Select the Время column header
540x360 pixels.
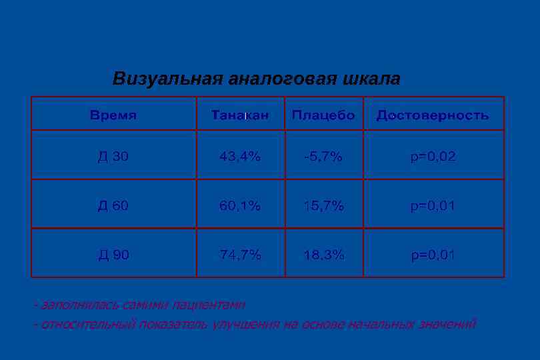(x=113, y=115)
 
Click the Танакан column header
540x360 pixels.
(x=240, y=115)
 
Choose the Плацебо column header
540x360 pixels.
(x=323, y=115)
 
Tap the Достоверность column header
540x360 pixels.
(x=433, y=115)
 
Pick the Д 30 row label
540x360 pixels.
(x=113, y=157)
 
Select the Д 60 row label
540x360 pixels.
(x=113, y=205)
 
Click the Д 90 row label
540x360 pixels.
(x=113, y=254)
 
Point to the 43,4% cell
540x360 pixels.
(x=240, y=157)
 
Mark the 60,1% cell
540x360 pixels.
(x=240, y=205)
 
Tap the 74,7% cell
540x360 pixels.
(x=240, y=254)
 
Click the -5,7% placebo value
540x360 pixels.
(x=323, y=157)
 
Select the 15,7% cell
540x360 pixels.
(x=323, y=205)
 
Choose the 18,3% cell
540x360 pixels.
(x=323, y=254)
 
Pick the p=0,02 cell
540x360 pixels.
(x=433, y=157)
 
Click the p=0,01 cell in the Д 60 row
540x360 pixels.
(x=433, y=205)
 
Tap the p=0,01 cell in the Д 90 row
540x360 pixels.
(x=433, y=254)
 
